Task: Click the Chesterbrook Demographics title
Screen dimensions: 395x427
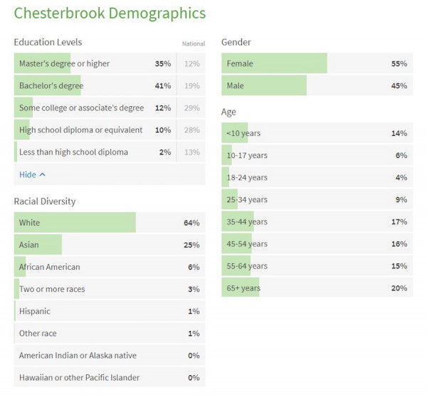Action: [x=110, y=14]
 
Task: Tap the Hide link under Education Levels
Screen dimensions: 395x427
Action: [x=32, y=174]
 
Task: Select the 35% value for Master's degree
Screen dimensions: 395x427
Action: [x=163, y=63]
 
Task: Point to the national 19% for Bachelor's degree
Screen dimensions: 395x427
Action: [x=192, y=86]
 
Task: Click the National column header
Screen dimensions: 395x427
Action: [x=193, y=44]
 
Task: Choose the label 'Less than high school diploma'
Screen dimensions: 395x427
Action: [x=74, y=152]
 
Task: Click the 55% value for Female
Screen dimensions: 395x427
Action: [x=399, y=64]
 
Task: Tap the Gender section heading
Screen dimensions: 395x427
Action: [x=236, y=43]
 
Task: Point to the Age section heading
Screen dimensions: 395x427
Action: [x=228, y=112]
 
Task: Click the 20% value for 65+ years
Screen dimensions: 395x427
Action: [x=399, y=288]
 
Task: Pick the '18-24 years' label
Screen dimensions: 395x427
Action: [x=247, y=178]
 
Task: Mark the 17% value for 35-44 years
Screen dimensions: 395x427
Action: [x=399, y=222]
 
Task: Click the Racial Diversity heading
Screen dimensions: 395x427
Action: [x=45, y=201]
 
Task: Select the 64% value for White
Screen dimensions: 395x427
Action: [x=191, y=223]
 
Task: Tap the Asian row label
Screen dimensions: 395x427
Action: [x=29, y=245]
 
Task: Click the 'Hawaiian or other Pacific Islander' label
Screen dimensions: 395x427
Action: [x=79, y=377]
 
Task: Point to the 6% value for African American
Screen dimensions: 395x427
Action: [x=194, y=267]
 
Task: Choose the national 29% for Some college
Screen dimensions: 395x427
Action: [x=192, y=108]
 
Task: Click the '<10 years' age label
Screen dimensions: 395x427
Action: [x=243, y=134]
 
